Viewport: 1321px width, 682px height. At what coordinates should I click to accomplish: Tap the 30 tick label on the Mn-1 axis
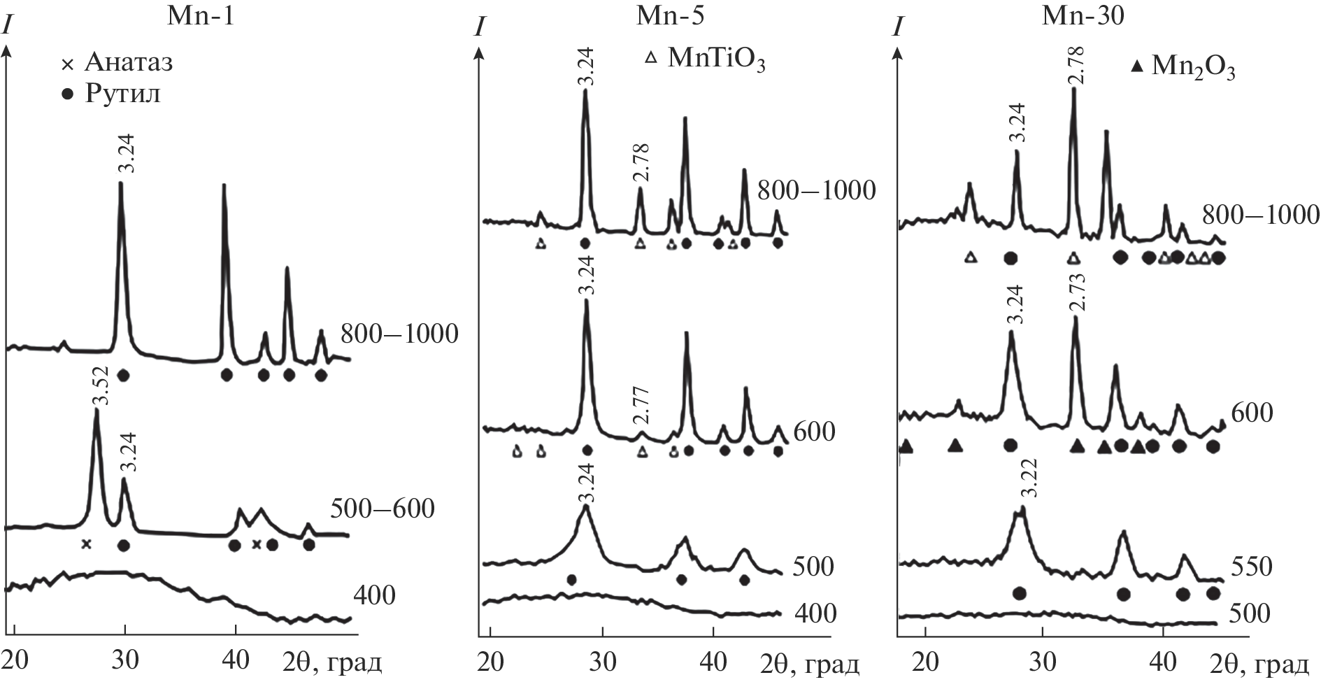[x=125, y=659]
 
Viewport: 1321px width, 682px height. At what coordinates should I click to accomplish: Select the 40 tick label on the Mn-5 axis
[x=713, y=659]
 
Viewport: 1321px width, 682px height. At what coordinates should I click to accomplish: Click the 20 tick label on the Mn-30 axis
[x=926, y=659]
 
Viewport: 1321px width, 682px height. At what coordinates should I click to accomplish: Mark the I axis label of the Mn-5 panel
[x=479, y=27]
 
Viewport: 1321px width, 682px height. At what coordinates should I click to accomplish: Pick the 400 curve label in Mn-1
[x=374, y=596]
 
